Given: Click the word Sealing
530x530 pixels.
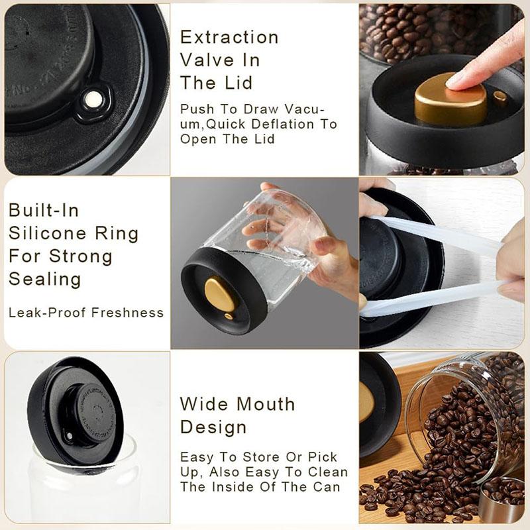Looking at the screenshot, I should (x=44, y=278).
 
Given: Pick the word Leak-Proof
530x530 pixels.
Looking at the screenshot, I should (x=43, y=312).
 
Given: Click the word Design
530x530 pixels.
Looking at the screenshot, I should (x=213, y=427).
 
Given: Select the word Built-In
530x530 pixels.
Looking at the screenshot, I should (x=44, y=211).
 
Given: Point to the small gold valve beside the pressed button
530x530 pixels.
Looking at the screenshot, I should (x=500, y=99).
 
